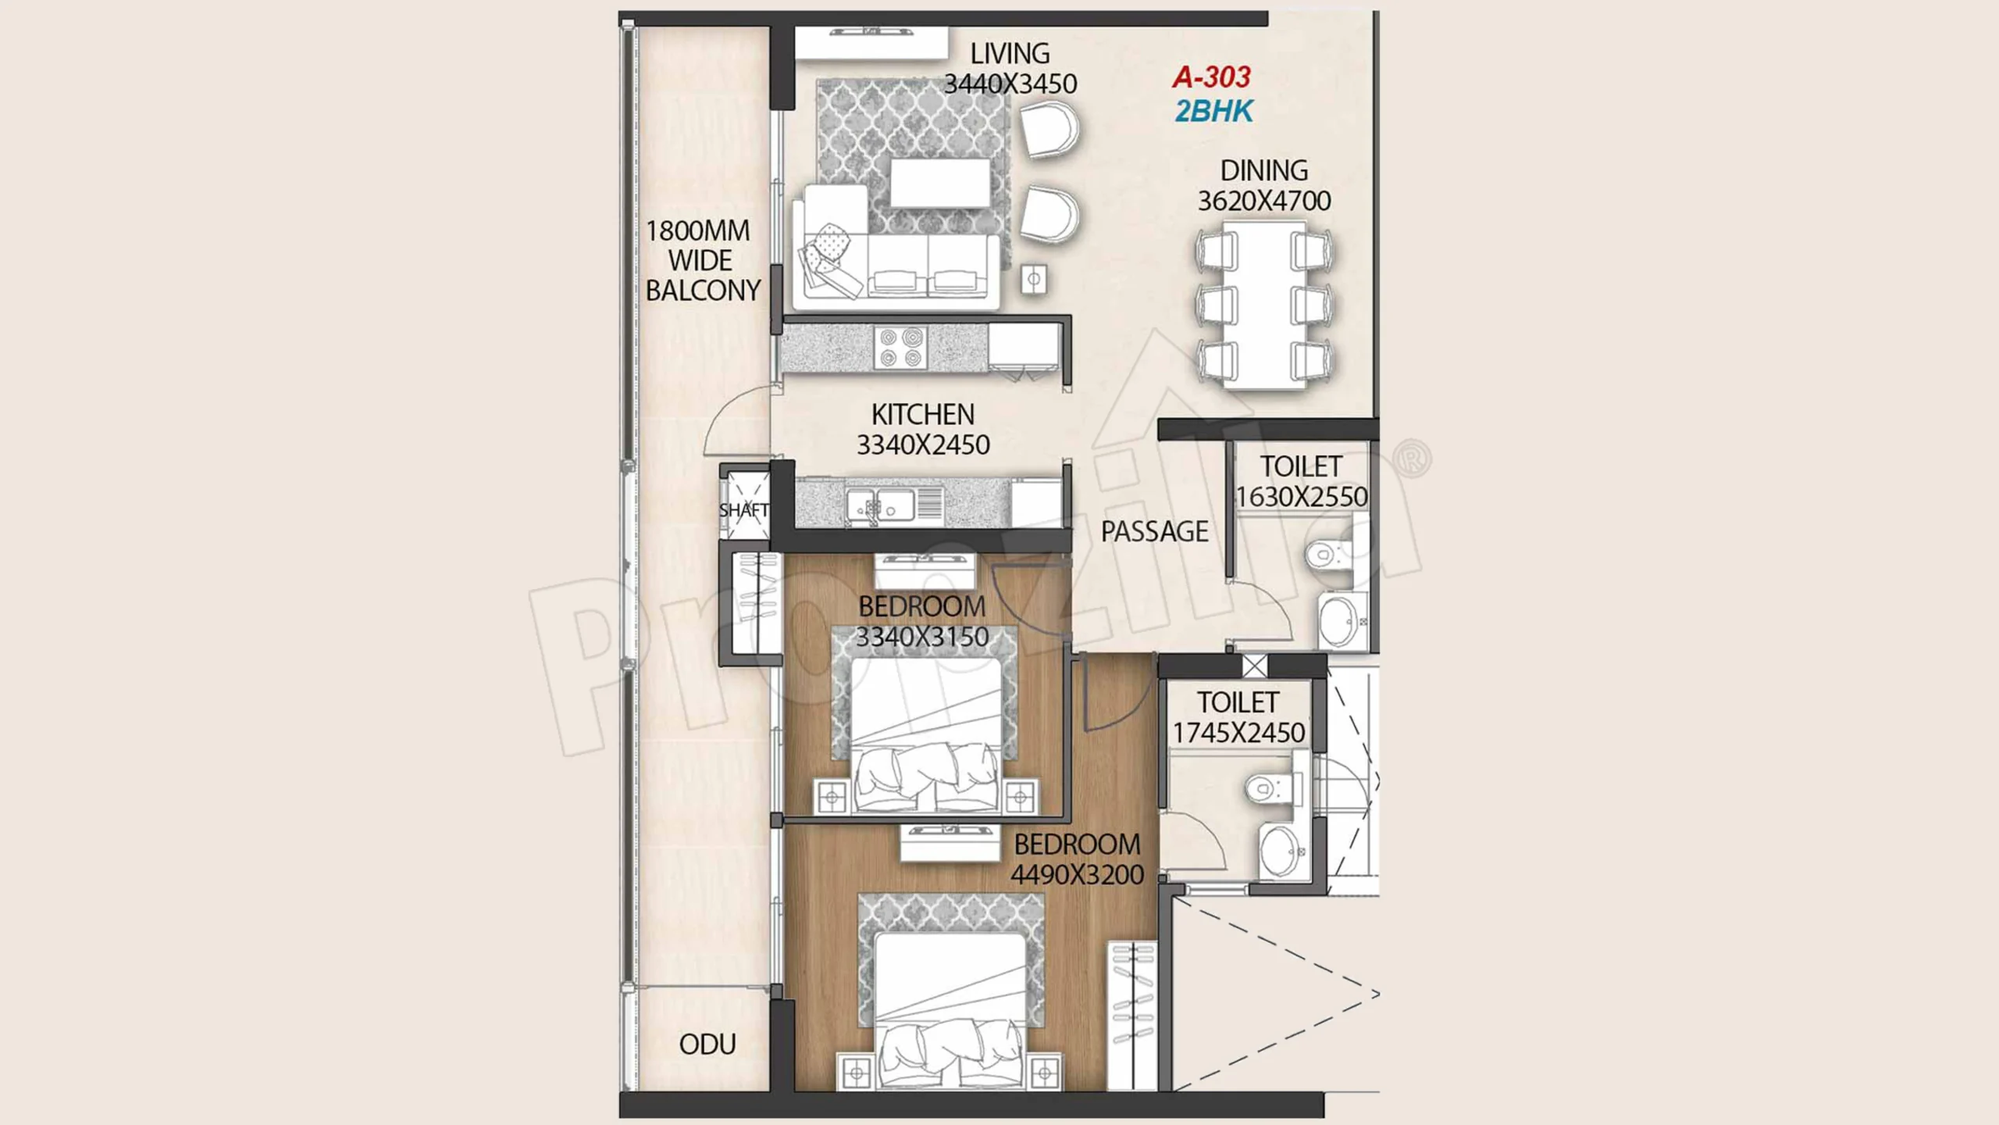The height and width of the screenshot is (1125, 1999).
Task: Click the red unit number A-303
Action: pyautogui.click(x=1211, y=77)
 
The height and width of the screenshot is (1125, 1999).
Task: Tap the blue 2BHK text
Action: pyautogui.click(x=1214, y=112)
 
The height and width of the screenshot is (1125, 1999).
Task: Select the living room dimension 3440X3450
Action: pyautogui.click(x=1010, y=84)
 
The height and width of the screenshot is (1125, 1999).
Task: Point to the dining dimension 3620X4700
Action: pyautogui.click(x=1264, y=201)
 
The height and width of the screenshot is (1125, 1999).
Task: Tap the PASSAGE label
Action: pyautogui.click(x=1155, y=532)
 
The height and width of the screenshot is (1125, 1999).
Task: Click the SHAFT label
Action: pyautogui.click(x=743, y=510)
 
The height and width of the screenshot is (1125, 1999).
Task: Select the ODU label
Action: pyautogui.click(x=707, y=1045)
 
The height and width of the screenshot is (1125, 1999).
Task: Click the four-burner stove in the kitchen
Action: pyautogui.click(x=900, y=348)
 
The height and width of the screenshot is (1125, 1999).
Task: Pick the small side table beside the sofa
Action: pyautogui.click(x=1034, y=279)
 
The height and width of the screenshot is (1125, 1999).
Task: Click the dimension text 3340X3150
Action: pyautogui.click(x=922, y=637)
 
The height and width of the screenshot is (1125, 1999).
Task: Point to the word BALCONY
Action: pyautogui.click(x=703, y=291)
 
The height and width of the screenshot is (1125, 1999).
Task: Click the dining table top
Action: pyautogui.click(x=1264, y=305)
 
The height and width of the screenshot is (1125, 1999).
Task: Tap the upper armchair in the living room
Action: pyautogui.click(x=1050, y=130)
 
